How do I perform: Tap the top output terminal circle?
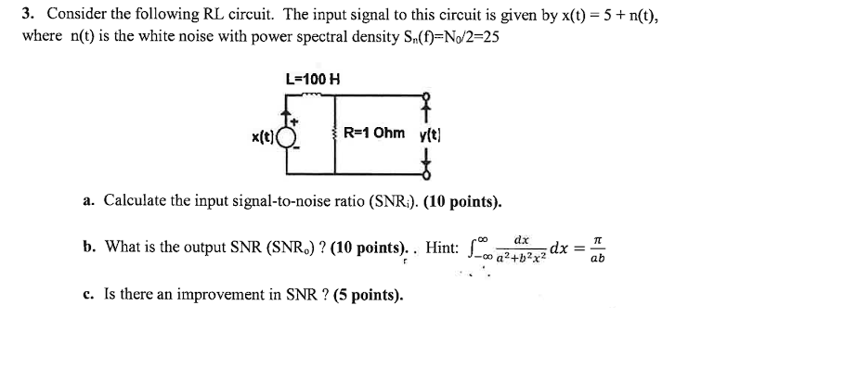[x=426, y=95]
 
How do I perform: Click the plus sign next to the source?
[x=296, y=121]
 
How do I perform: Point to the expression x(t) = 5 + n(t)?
[x=608, y=15]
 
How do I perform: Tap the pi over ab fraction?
[x=595, y=248]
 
